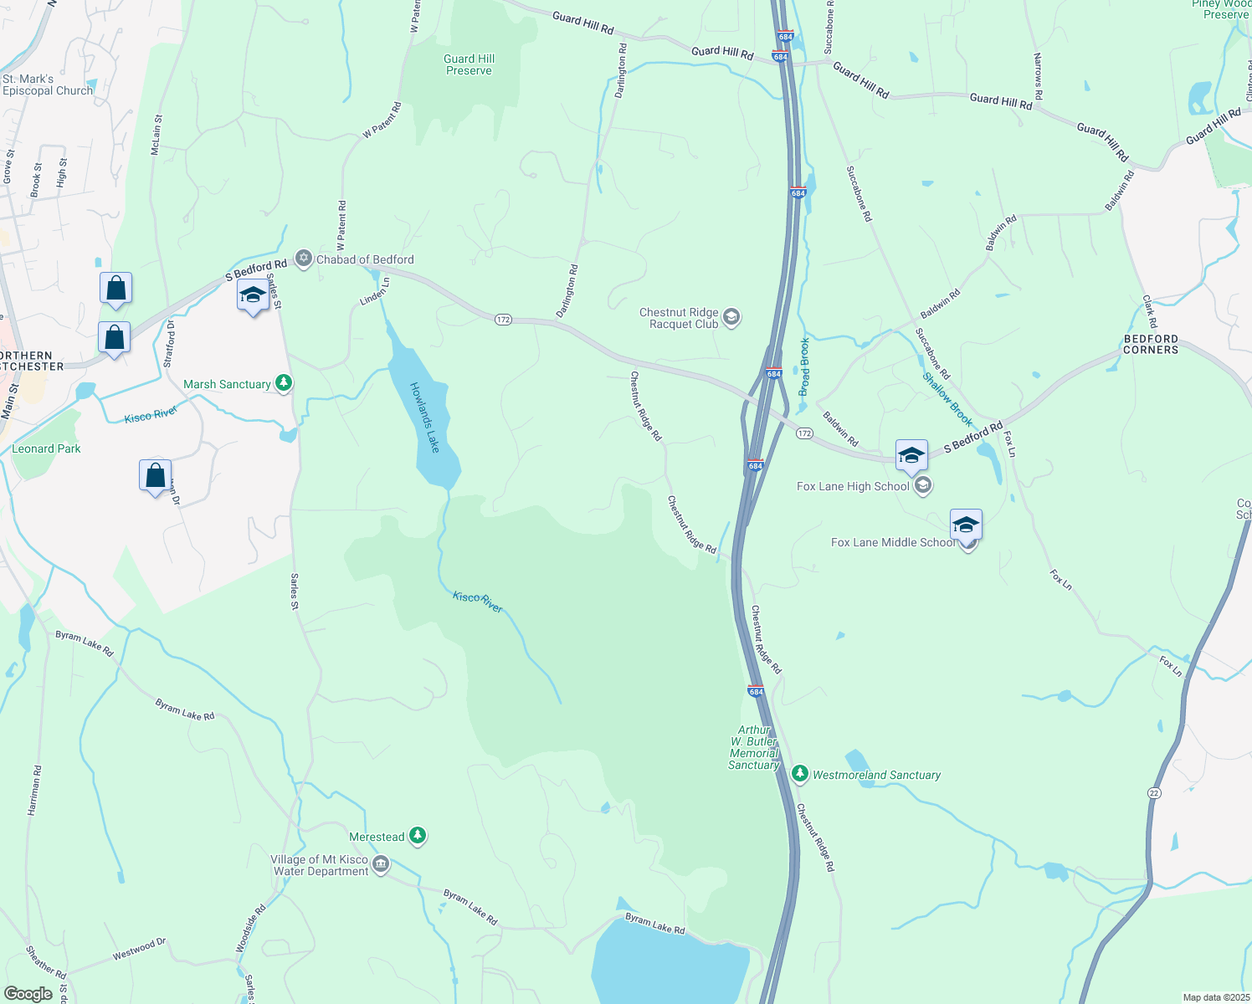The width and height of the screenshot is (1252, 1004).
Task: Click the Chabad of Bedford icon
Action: [304, 259]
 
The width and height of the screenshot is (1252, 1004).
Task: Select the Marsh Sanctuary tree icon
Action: [285, 384]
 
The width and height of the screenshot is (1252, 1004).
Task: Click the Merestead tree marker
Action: [418, 836]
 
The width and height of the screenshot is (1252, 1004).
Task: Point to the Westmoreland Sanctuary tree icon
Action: [800, 774]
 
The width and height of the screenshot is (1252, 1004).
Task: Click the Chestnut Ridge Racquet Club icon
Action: [731, 317]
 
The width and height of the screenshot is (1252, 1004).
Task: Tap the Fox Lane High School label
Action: [853, 486]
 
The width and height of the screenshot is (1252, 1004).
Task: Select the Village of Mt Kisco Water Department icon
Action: [381, 863]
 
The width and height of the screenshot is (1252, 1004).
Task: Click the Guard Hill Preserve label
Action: [469, 64]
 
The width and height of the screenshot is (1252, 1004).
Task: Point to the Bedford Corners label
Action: [1151, 344]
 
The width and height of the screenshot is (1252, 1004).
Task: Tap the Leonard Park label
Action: [46, 448]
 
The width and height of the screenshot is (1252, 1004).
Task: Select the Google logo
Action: [28, 994]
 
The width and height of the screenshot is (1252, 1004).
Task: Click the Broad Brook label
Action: [804, 366]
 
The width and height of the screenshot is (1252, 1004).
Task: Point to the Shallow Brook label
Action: [947, 399]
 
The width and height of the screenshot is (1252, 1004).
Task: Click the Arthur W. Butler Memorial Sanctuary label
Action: [754, 748]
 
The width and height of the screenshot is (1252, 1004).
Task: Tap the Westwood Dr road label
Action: [139, 949]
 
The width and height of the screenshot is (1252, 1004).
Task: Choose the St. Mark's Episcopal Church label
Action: [48, 85]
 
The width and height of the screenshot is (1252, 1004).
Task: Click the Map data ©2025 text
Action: [1214, 997]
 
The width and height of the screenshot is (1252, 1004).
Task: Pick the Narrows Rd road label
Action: [1039, 77]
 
